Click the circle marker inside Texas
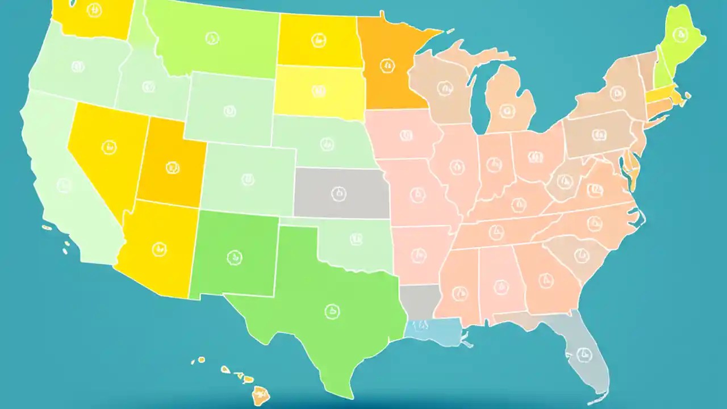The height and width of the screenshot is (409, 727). pyautogui.click(x=332, y=311)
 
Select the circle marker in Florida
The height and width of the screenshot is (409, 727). pyautogui.click(x=582, y=355)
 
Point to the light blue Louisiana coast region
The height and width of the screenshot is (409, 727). pyautogui.click(x=434, y=332)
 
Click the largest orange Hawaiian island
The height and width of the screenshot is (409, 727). pyautogui.click(x=261, y=393)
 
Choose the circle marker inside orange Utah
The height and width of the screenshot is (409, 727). pyautogui.click(x=172, y=168)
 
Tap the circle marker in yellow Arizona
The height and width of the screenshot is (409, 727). pyautogui.click(x=160, y=249)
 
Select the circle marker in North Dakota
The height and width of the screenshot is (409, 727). pyautogui.click(x=319, y=40)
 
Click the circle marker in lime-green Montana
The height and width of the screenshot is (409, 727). pyautogui.click(x=212, y=39)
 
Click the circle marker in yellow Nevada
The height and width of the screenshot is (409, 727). pyautogui.click(x=109, y=148)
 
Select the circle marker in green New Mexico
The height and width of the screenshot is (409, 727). pyautogui.click(x=233, y=257)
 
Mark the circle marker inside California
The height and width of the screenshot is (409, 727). pyautogui.click(x=64, y=185)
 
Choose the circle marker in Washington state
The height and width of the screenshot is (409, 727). pyautogui.click(x=94, y=10)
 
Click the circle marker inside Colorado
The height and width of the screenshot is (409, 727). pyautogui.click(x=248, y=180)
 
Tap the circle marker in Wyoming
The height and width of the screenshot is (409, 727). pyautogui.click(x=229, y=111)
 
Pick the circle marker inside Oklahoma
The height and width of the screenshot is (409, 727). pyautogui.click(x=356, y=239)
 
